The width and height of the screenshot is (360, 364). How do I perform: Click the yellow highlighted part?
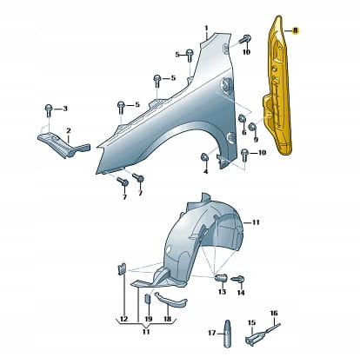[x=278, y=87]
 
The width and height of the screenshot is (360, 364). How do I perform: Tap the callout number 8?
[x=295, y=30]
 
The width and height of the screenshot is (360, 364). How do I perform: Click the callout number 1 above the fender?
[x=206, y=29]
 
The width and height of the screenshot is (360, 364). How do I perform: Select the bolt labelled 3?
[x=49, y=109]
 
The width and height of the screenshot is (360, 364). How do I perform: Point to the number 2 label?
[x=69, y=131]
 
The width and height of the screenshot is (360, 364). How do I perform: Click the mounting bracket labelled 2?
[x=63, y=144]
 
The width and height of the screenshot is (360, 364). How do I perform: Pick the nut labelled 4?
[x=204, y=156]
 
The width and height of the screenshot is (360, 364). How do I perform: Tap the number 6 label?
[x=244, y=133]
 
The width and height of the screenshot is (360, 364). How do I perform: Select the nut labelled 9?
[x=252, y=127]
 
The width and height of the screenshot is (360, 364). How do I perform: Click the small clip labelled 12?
[x=122, y=268]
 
